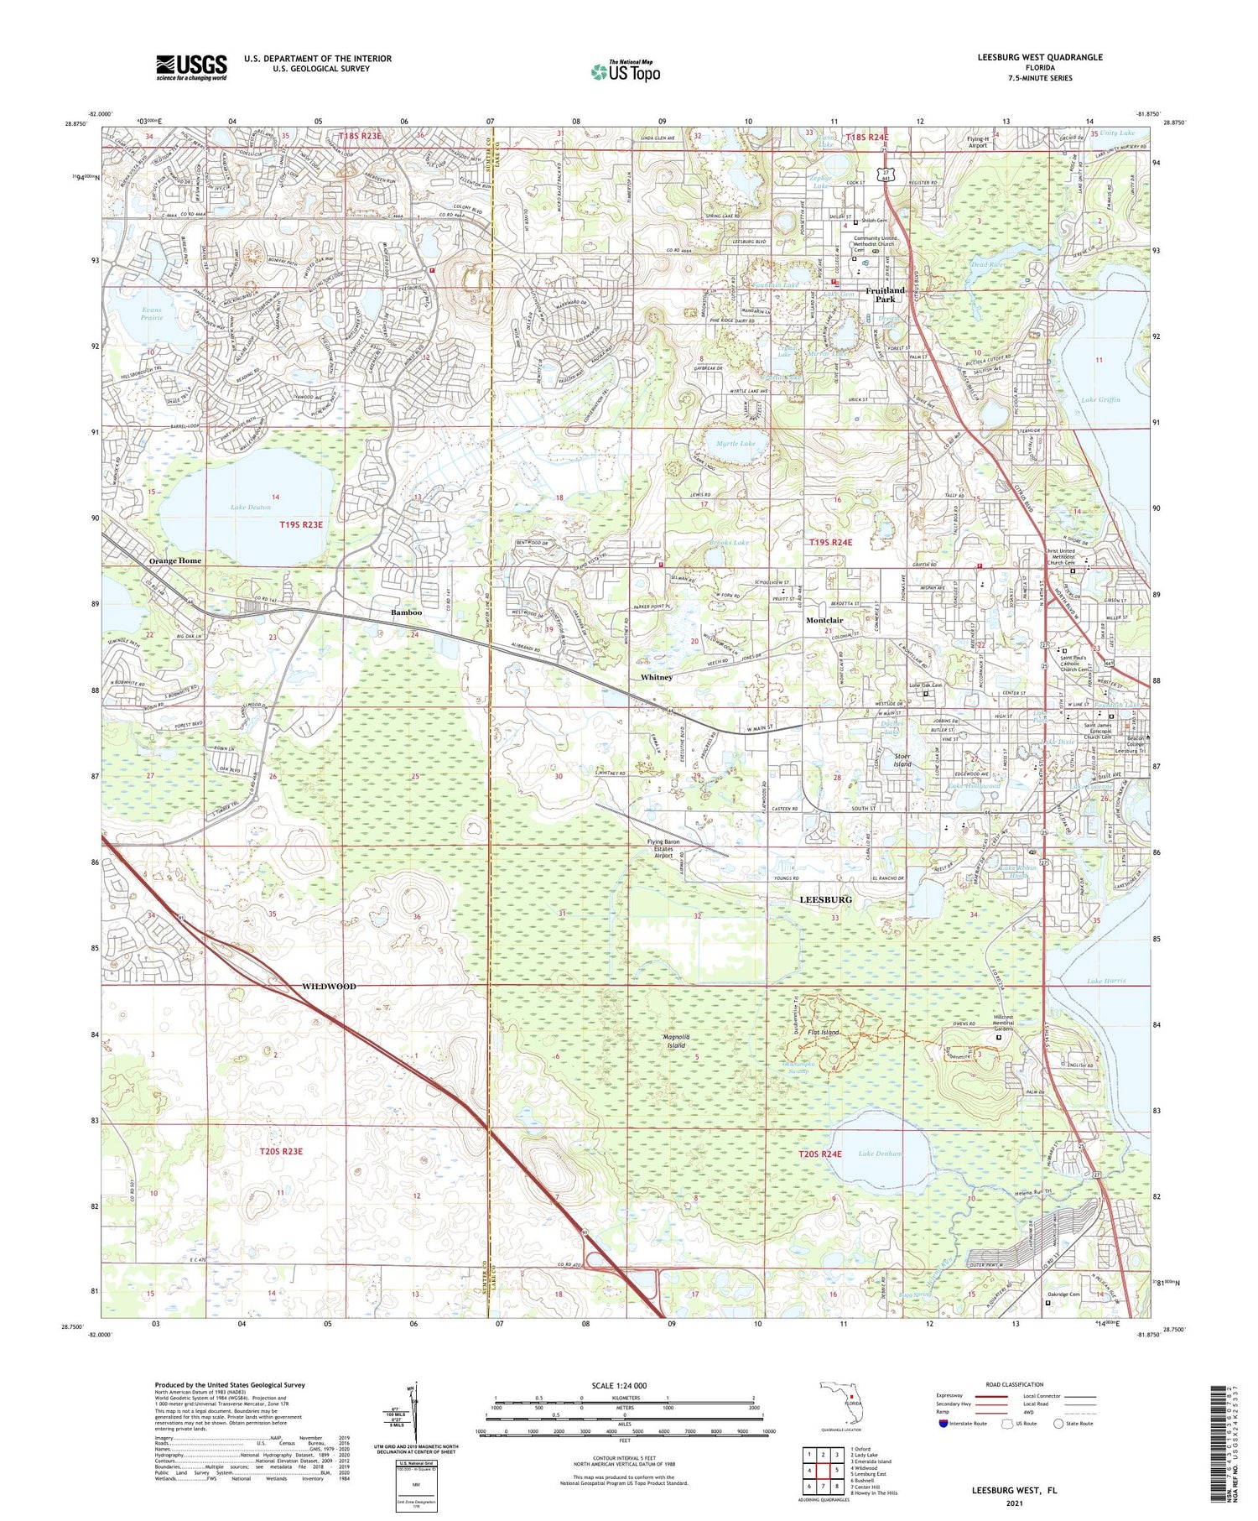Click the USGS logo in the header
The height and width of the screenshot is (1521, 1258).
coord(191,67)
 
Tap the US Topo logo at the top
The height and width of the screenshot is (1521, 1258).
coord(625,71)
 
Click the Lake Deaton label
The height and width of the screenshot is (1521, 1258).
coord(251,508)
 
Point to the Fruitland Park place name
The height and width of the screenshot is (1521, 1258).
coord(886,294)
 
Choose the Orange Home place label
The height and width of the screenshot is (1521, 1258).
coord(175,560)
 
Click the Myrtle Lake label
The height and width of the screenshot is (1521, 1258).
coord(736,443)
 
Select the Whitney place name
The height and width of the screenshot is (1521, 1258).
coord(656,677)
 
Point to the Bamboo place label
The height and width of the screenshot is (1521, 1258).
coord(406,613)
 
